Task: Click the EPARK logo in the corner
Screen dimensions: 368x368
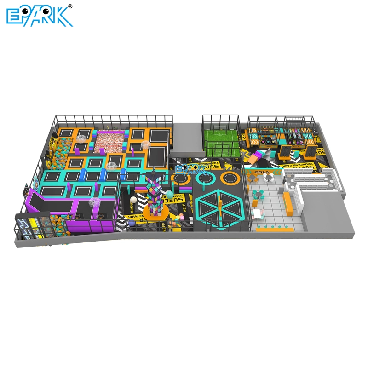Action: [x=39, y=16]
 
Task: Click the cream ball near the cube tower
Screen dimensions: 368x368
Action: [x=133, y=201]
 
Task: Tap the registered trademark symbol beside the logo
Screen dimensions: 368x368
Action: [x=70, y=6]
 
